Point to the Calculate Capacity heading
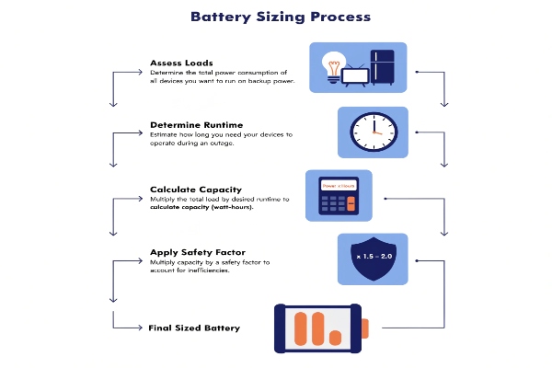tap(195, 190)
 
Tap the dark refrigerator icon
tap(380, 66)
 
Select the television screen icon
tap(354, 76)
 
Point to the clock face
tap(373, 133)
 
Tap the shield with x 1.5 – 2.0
tap(374, 255)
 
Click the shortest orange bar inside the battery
tap(336, 338)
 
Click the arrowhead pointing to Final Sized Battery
tap(137, 327)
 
